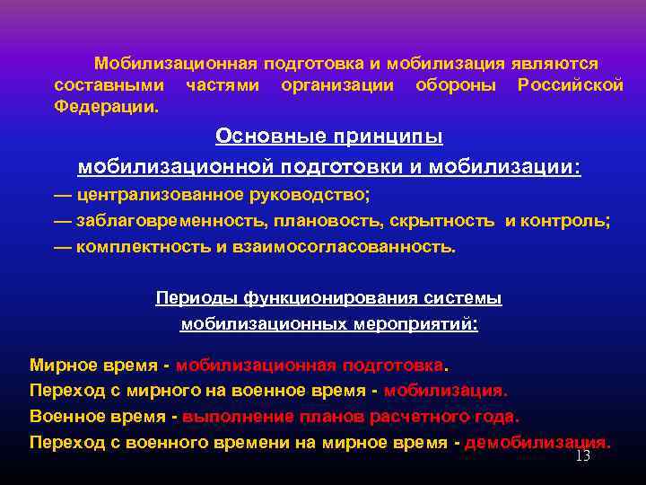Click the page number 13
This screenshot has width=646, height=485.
point(582,456)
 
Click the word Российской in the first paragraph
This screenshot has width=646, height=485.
point(571,85)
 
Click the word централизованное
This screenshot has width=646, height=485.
point(154,195)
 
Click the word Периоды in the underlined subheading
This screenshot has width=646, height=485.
point(188,298)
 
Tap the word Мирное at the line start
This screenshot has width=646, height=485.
point(60,366)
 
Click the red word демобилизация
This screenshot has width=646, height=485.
point(537,443)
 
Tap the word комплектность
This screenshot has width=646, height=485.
point(144,247)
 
